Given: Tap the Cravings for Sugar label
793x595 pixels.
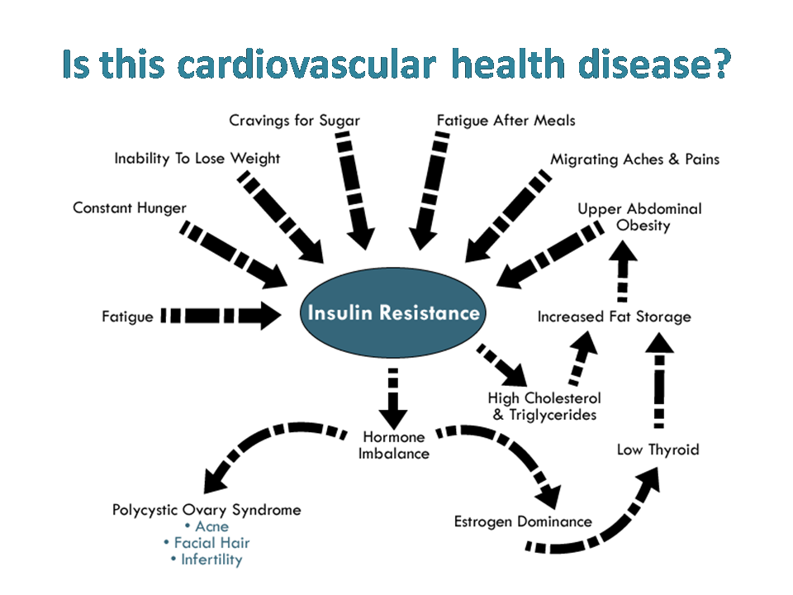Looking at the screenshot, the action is pos(294,121).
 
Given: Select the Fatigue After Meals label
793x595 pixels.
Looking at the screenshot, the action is pos(506,121).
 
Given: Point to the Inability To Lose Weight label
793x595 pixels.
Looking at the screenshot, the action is pos(197,159).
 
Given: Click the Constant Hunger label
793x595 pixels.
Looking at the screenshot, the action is pos(130,208).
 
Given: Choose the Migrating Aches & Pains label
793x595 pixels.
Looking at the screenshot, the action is pos(634,159).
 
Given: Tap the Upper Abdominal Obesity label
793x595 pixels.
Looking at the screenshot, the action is pos(639,217).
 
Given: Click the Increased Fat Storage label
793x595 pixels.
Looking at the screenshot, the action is pos(614,317).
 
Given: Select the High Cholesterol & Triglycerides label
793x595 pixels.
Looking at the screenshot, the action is pos(544,407).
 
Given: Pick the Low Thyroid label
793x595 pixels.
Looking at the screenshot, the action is pos(658,450).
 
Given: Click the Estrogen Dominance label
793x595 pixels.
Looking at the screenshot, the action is pos(523,521).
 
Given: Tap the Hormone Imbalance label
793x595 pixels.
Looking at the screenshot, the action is pos(393,445).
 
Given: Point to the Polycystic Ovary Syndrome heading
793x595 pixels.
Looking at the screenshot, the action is pos(207,510).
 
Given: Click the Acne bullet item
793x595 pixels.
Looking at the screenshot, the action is pos(207,526).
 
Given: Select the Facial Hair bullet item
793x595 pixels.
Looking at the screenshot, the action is pos(207,543).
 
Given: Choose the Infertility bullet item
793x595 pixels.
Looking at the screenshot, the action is pos(207,559).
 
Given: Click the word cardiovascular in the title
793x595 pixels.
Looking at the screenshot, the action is pos(306,64).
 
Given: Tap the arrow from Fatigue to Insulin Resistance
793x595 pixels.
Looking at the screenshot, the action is pos(221,316).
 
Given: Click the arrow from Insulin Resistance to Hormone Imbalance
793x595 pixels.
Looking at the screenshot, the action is pos(393,399).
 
